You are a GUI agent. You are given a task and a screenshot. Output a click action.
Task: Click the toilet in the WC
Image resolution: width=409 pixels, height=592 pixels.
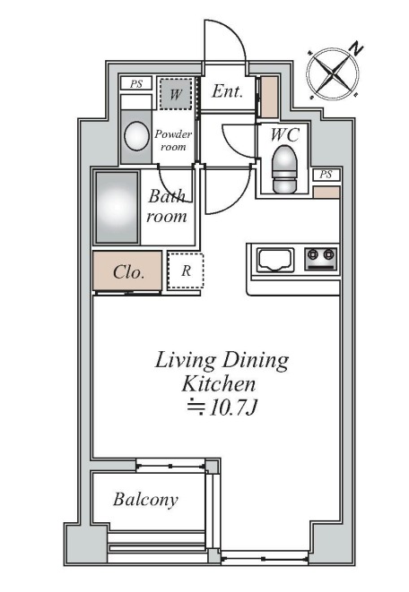[x=284, y=169]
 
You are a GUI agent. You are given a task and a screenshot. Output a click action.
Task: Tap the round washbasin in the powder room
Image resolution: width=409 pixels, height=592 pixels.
[x=136, y=136]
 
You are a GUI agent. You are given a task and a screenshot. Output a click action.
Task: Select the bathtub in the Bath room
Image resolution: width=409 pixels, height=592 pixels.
[x=117, y=207]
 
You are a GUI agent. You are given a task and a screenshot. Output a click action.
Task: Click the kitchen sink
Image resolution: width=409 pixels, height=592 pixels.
[x=275, y=260]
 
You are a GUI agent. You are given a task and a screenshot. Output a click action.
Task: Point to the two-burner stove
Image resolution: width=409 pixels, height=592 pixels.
[x=321, y=259]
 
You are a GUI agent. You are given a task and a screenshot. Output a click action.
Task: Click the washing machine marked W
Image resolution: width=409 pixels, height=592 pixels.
[x=175, y=94]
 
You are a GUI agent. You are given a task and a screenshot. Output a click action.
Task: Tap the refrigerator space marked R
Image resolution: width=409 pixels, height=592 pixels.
[x=186, y=270]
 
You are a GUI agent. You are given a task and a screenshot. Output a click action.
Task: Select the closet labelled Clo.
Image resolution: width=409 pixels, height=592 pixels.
[x=127, y=270]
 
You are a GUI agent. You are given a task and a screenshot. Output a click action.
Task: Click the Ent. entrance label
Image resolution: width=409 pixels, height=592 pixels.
[x=227, y=91]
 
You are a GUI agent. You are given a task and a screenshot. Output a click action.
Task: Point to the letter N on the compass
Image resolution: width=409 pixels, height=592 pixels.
[x=356, y=48]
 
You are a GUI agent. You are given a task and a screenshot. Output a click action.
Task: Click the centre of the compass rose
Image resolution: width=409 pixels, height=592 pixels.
[x=332, y=73]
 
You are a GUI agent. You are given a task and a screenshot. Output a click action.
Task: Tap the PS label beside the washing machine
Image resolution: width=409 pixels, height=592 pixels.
[x=136, y=83]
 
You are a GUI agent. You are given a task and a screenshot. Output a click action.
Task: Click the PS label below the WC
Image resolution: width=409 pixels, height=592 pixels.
[x=326, y=175]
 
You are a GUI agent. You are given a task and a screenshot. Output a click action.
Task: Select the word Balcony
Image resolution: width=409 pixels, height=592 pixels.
[x=145, y=500]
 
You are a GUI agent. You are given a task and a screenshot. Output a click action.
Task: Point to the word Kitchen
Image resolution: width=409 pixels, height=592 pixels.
[x=219, y=384]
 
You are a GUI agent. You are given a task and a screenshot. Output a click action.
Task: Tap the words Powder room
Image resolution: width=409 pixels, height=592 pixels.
[x=173, y=140]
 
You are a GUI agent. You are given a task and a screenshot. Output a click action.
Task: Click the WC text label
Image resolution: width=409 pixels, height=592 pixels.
[x=285, y=134]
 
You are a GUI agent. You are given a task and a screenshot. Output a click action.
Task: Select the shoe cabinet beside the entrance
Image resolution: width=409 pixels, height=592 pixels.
[x=269, y=97]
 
